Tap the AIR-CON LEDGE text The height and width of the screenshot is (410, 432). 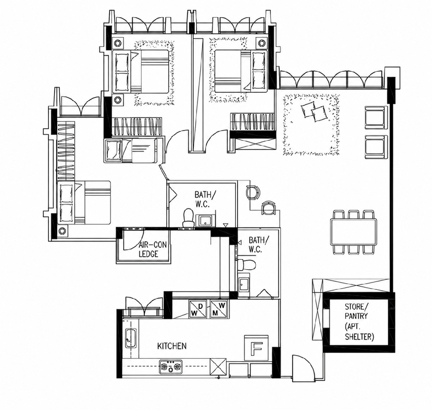coord(153,249)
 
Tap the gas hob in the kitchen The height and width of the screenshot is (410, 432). coord(171,367)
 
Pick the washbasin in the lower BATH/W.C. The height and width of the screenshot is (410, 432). coord(244,285)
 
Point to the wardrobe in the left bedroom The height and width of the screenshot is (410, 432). coord(66,150)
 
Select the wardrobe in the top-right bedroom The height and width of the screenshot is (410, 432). coord(253,122)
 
